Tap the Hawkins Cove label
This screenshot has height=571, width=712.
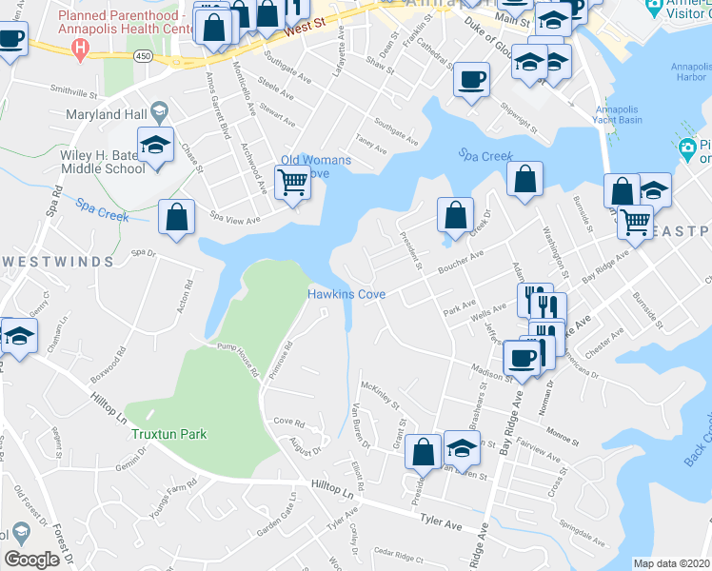pos(346,295)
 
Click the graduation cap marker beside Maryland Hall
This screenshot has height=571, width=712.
pos(154,145)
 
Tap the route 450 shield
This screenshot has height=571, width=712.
pos(143,57)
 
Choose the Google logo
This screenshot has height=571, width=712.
pos(31,560)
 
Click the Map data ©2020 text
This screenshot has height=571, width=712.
pos(672,563)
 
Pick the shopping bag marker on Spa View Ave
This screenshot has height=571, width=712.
pos(177,217)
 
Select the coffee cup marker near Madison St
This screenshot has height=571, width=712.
pos(522,358)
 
